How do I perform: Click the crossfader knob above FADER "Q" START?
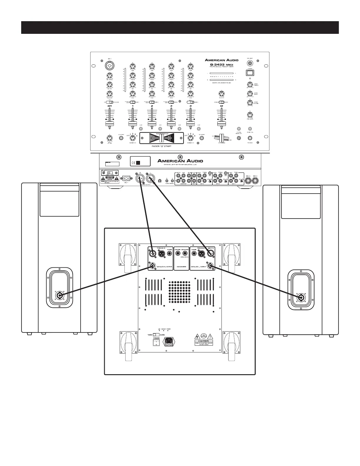tap(161, 138)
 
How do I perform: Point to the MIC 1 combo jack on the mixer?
tap(110, 65)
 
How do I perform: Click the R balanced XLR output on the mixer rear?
tap(139, 179)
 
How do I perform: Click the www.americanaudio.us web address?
tap(180, 165)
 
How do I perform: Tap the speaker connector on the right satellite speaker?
tap(301, 298)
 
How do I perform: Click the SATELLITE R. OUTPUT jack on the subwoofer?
tap(153, 266)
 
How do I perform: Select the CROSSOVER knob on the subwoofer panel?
tap(185, 253)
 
